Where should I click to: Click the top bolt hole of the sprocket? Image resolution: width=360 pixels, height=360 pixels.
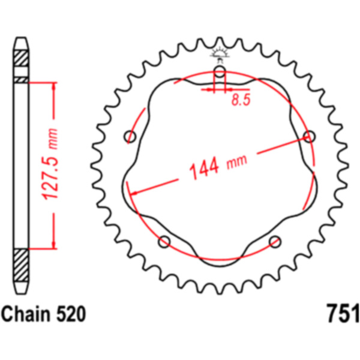[220, 73]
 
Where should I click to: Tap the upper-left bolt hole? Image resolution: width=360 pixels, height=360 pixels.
[130, 137]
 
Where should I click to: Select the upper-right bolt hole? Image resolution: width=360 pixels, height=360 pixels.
[310, 137]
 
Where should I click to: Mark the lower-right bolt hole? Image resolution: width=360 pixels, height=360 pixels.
[275, 242]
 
